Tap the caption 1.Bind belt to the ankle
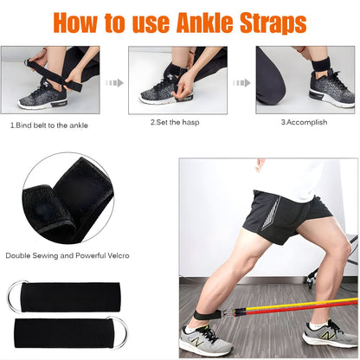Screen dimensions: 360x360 click(x=50, y=124)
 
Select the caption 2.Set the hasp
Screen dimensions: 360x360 click(x=177, y=123)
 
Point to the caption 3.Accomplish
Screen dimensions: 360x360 click(x=303, y=123)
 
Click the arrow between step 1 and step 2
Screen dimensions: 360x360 click(x=114, y=84)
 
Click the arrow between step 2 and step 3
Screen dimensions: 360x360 click(x=241, y=84)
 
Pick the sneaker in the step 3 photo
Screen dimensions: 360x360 click(x=331, y=89)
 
